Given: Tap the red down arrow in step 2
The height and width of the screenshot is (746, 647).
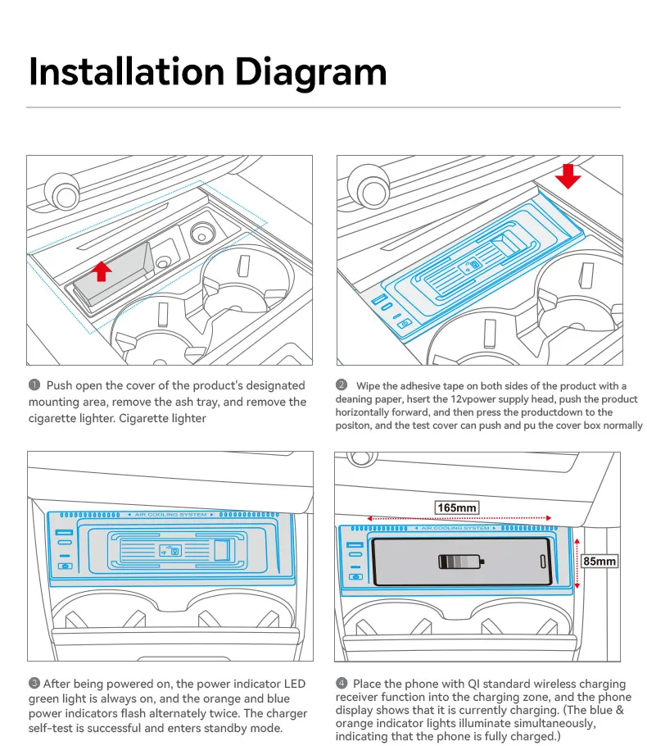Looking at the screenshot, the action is tap(567, 175).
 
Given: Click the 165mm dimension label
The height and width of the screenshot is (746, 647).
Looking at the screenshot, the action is tap(456, 508).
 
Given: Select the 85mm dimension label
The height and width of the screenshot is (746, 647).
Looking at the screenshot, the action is tap(599, 562).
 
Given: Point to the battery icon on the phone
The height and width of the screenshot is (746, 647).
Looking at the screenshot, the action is tap(462, 562).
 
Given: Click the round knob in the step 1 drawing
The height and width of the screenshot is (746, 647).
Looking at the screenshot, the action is tap(59, 190).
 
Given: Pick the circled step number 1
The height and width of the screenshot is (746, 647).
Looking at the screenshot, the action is tap(34, 385).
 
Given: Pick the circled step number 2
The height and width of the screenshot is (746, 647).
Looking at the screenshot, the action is tap(342, 385).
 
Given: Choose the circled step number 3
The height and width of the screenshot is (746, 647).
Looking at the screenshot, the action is tap(34, 684).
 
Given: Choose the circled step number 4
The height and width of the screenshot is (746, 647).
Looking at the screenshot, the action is tap(342, 684).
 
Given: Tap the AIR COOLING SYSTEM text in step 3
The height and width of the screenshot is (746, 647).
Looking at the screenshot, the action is tap(170, 515).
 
